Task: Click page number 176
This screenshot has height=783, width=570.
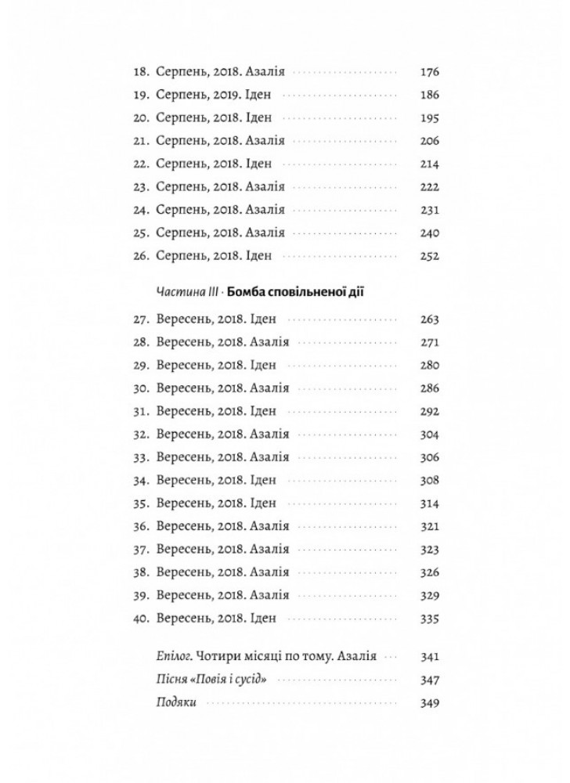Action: pyautogui.click(x=430, y=72)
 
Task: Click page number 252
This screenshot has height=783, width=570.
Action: pyautogui.click(x=430, y=257)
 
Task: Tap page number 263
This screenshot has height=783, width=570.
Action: pyautogui.click(x=430, y=319)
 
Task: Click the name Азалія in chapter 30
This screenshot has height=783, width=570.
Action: pyautogui.click(x=270, y=388)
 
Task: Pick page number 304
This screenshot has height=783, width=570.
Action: pyautogui.click(x=430, y=434)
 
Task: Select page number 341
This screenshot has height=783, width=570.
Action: pyautogui.click(x=430, y=656)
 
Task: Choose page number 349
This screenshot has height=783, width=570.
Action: pyautogui.click(x=430, y=703)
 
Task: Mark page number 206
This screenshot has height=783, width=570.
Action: pyautogui.click(x=430, y=142)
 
